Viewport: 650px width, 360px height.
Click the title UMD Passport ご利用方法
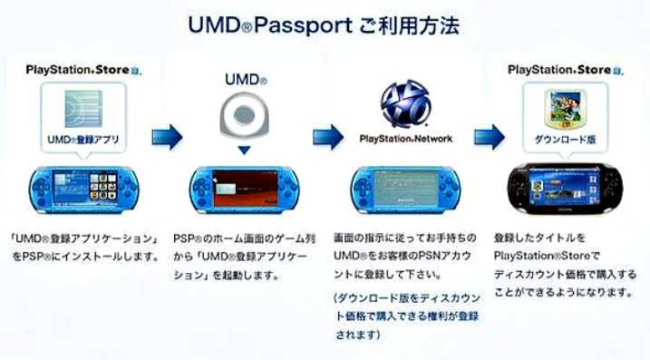point(324,25)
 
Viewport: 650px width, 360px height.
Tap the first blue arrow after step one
point(167,136)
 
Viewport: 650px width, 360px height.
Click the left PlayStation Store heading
point(82,69)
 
